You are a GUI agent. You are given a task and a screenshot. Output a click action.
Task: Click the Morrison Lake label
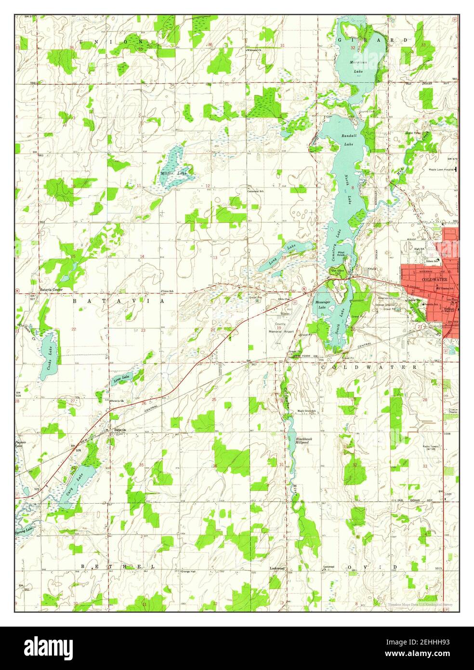358,67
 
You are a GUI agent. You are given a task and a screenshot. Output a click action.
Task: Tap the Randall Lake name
347,140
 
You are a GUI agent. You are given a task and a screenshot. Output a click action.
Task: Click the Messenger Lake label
322,305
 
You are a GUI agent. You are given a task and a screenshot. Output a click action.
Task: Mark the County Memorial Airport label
281,328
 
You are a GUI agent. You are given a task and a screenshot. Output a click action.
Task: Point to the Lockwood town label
277,568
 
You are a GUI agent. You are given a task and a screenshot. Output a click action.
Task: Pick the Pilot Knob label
343,254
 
